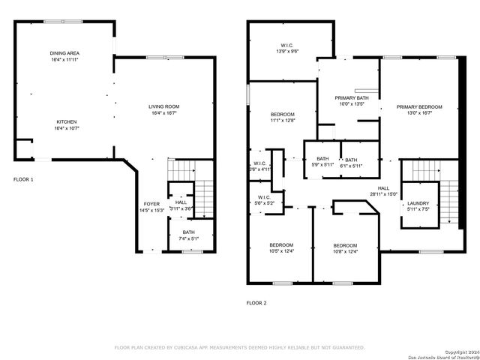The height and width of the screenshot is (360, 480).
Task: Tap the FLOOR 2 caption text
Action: point(256,304)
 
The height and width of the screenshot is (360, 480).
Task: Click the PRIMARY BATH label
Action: point(351,100)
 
